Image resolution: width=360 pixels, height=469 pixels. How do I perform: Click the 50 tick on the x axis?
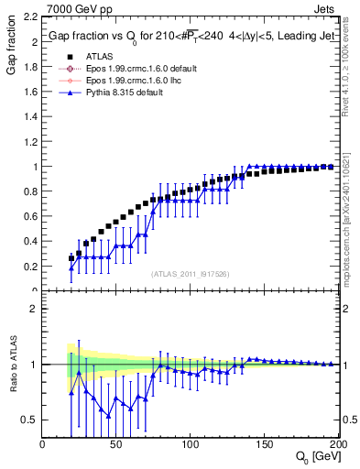coord(116,445)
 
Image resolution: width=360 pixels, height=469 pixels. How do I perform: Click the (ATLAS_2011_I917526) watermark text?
coord(191,274)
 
